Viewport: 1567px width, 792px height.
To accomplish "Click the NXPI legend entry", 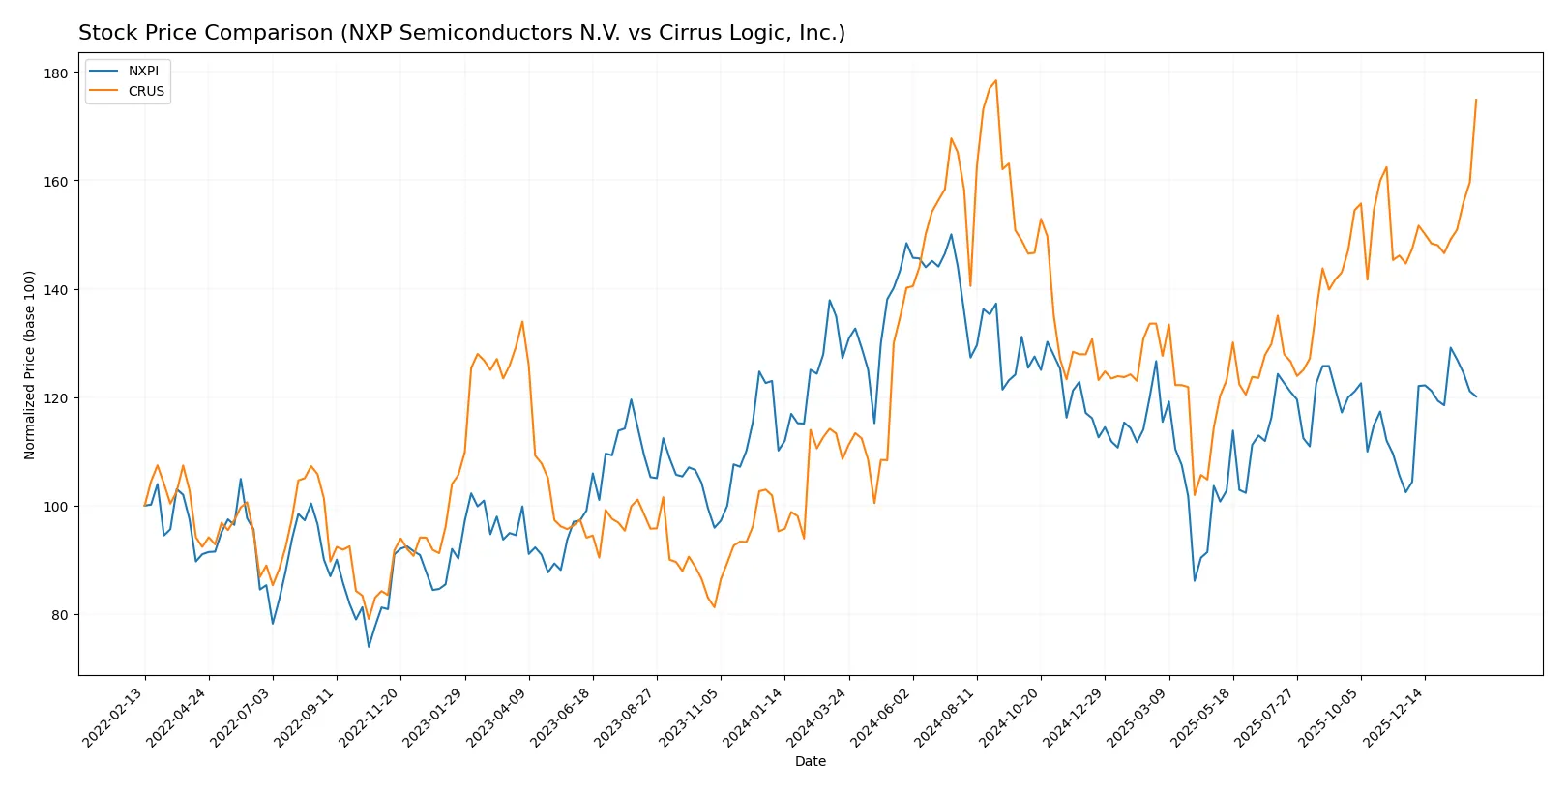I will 143,71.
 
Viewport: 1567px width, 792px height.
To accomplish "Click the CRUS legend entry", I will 146,91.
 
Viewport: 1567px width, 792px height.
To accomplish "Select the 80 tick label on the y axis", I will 59,615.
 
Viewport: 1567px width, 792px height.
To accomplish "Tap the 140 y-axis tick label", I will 56,290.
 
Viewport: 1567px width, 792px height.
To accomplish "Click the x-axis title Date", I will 810,761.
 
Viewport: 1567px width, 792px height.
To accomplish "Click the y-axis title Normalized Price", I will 30,365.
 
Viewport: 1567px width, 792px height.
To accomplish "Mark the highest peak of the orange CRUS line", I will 995,81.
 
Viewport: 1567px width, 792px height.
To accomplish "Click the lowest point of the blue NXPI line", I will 369,647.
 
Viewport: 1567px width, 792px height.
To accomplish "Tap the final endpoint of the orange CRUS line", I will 1476,100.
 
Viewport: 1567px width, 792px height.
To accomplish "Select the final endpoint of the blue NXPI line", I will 1476,396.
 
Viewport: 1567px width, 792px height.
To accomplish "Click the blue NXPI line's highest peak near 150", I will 951,234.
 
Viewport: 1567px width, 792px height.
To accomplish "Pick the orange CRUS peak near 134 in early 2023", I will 522,322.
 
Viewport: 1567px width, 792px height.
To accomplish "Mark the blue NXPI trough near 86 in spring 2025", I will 1195,580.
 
